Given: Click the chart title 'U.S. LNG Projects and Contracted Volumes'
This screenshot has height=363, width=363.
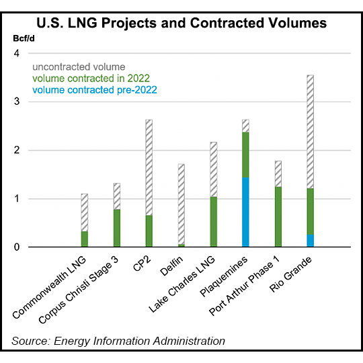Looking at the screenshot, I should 182,23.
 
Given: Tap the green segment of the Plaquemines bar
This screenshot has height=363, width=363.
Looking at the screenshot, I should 245,155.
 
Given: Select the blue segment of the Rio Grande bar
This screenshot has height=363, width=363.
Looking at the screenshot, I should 310,241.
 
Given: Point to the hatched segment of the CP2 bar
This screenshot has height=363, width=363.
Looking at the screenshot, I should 149,167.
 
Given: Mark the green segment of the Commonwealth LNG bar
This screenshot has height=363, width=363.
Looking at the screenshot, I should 84,239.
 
